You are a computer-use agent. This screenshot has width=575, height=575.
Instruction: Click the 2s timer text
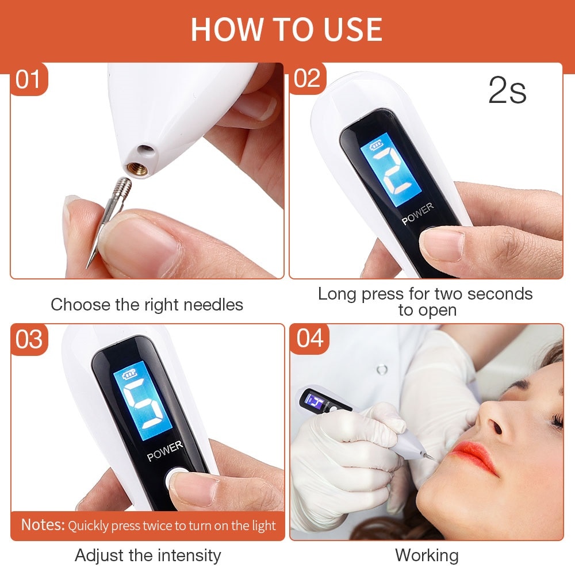point(507,91)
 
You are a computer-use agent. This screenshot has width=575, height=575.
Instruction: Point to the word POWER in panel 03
point(165,451)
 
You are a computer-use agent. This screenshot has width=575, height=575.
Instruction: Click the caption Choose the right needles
point(147,305)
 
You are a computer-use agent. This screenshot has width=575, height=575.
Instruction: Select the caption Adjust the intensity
point(148,555)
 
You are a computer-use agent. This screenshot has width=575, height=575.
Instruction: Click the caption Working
point(427,555)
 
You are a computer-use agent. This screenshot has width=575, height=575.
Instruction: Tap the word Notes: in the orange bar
point(43,525)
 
